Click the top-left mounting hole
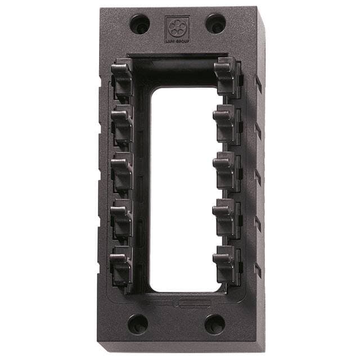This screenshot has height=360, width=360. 139,24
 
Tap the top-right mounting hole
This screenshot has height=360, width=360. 215,24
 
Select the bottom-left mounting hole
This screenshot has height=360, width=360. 138,324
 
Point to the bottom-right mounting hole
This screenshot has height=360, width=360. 214,324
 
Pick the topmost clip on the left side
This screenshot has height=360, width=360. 122,78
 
